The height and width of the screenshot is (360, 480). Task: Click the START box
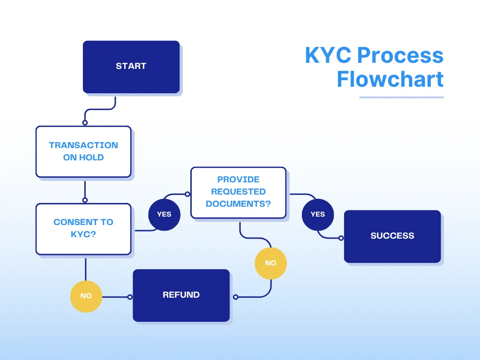point(131,67)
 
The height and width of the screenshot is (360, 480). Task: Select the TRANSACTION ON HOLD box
point(83,151)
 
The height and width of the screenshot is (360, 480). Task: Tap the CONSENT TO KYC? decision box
point(83,228)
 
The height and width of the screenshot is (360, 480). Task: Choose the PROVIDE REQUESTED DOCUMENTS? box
point(238,192)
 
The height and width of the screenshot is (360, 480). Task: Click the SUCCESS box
point(392,236)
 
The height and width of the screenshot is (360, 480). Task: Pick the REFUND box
point(181,295)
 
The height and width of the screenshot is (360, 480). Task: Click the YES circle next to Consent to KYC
point(164,214)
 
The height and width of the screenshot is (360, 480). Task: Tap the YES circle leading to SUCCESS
point(317,214)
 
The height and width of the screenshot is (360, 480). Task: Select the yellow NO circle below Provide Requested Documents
point(270,263)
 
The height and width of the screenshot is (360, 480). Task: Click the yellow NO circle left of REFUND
point(86,296)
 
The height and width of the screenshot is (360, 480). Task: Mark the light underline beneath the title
point(401,97)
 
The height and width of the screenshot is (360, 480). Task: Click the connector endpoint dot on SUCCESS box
point(341,238)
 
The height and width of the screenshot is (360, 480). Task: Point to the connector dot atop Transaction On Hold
point(85,123)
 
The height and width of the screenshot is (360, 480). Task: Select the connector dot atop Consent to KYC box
point(85,200)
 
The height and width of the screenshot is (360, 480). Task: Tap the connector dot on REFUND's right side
point(235,297)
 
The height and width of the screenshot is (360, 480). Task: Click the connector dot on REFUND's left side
point(130,297)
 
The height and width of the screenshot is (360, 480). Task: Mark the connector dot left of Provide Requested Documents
point(187,194)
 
